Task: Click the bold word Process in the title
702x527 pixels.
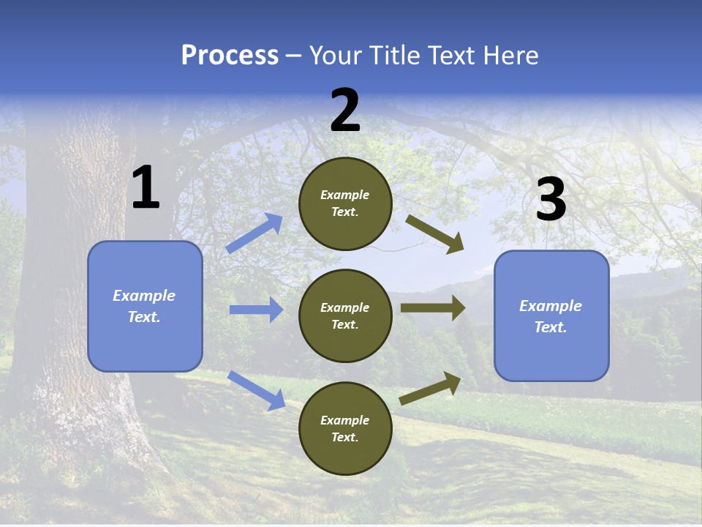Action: [230, 56]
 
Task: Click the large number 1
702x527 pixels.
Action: [146, 188]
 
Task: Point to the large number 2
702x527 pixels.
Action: [345, 111]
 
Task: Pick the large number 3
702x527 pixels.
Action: [551, 199]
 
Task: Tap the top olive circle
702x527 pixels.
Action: [345, 203]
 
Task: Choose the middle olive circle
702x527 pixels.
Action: [345, 315]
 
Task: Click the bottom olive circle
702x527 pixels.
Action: [345, 428]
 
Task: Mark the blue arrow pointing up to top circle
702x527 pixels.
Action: [254, 233]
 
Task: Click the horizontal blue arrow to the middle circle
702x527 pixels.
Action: [256, 310]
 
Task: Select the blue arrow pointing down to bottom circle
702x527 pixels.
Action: [256, 390]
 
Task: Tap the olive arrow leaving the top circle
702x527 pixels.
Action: [435, 234]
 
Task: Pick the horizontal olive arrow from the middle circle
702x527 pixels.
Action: [433, 308]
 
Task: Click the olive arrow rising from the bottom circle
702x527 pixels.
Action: [431, 388]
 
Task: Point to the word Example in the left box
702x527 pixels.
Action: [144, 296]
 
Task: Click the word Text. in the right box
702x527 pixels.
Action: [551, 327]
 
